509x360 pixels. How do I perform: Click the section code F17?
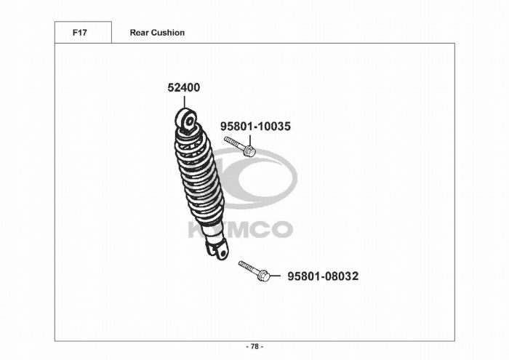(79, 33)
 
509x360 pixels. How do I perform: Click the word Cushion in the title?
(168, 33)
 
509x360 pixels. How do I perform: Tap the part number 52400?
(184, 88)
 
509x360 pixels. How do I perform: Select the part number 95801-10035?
(255, 127)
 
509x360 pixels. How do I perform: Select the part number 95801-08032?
(323, 276)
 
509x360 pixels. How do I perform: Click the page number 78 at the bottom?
(254, 347)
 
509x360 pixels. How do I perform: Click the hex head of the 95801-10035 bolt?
(249, 151)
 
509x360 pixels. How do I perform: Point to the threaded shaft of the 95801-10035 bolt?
(233, 143)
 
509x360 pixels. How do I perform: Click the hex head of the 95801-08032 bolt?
(263, 276)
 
